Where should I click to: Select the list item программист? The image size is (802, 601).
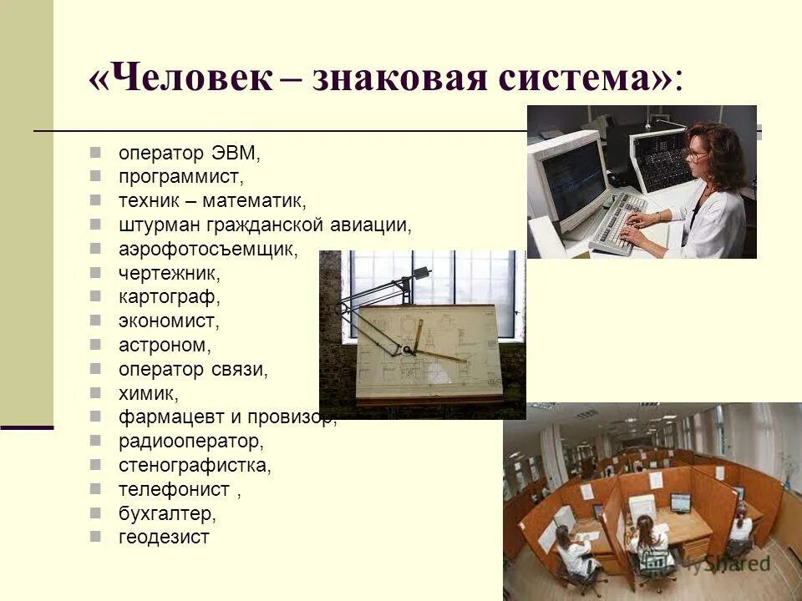(x=180, y=177)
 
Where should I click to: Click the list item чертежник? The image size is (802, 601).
(x=170, y=273)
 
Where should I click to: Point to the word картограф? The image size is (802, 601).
(x=169, y=296)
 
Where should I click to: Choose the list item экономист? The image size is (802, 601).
(x=169, y=321)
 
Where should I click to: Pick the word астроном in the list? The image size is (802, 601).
(x=165, y=345)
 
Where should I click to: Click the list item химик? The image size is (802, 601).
(x=148, y=393)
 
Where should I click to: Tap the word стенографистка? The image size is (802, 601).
(x=195, y=465)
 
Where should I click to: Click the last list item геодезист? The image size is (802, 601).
(x=164, y=537)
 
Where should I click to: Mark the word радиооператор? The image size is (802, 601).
(x=190, y=441)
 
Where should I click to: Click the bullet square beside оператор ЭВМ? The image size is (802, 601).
(x=97, y=153)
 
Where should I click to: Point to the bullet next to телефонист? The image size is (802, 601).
(x=97, y=488)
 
